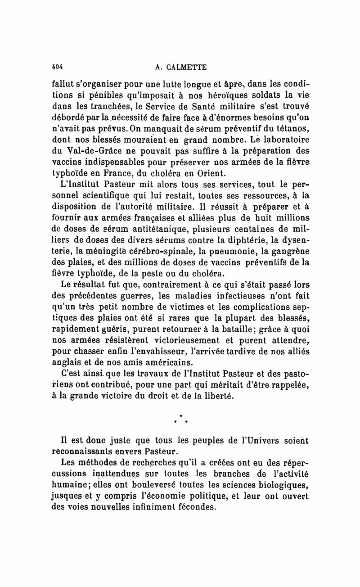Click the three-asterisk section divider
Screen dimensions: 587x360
[x=180, y=419]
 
